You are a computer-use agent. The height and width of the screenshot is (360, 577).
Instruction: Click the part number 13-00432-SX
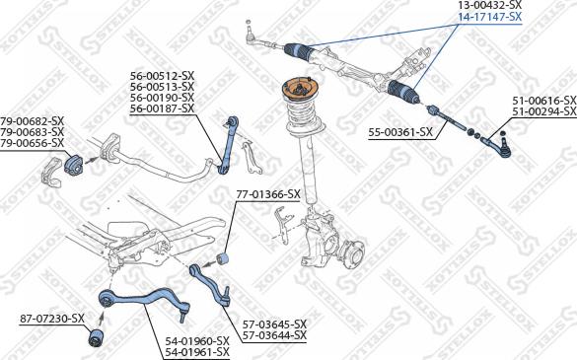click(x=488, y=6)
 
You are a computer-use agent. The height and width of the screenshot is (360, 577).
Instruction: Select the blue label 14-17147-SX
click(x=488, y=17)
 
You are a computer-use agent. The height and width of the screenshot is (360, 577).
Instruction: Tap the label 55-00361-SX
click(x=400, y=131)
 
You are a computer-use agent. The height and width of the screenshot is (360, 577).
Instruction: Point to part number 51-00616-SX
click(x=541, y=101)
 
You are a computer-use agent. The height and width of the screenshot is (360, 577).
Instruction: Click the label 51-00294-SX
click(x=541, y=111)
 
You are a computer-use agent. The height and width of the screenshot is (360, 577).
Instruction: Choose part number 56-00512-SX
click(x=162, y=75)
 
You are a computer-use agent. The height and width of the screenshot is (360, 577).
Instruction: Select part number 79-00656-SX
click(x=33, y=144)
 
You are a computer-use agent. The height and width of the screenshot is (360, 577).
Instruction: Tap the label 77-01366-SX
click(x=267, y=194)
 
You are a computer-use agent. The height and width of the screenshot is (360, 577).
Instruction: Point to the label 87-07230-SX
click(x=52, y=319)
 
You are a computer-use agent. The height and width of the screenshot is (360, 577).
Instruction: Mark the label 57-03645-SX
click(x=274, y=324)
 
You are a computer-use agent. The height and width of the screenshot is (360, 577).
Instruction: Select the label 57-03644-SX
click(x=274, y=335)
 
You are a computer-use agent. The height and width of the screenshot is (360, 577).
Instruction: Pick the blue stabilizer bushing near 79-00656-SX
click(x=72, y=164)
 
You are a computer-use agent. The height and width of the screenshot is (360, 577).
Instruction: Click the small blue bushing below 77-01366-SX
click(x=223, y=258)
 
